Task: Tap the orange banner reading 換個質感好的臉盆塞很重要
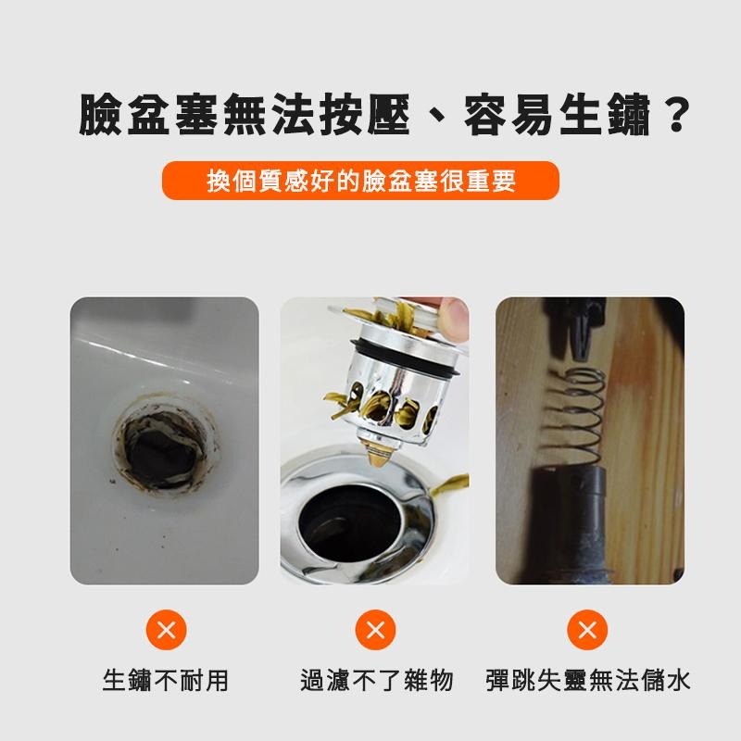tap(361, 181)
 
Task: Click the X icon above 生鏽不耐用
tap(166, 632)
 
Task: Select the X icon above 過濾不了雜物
tap(375, 632)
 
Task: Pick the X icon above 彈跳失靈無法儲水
tap(586, 632)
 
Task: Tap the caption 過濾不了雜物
tap(376, 682)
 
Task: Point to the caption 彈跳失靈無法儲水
tap(588, 682)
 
